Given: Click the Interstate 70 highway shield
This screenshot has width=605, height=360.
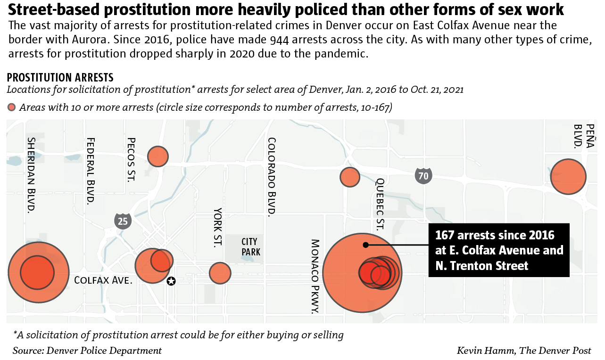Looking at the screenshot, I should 423,176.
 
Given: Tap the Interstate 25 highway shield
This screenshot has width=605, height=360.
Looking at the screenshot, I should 123,221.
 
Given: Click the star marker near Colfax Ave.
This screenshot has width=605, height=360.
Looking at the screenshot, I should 171,281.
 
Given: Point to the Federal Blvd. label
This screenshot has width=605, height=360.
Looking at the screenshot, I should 91,171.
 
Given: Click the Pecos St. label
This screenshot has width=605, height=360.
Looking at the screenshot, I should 131,159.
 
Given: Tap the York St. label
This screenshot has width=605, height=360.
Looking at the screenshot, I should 217,228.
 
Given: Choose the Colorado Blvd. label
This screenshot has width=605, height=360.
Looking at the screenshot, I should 271,177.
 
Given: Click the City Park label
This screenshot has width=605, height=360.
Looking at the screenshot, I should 251,247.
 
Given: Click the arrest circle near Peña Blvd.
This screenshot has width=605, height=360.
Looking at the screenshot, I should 568,177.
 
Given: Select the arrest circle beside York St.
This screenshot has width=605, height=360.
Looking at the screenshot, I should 220,273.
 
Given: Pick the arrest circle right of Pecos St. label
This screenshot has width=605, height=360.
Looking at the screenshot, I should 158,156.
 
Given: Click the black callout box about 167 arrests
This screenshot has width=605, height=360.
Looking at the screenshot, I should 498,250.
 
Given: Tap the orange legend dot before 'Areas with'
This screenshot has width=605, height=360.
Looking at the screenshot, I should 12,107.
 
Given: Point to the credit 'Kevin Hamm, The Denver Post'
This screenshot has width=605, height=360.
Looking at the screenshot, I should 523,351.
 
